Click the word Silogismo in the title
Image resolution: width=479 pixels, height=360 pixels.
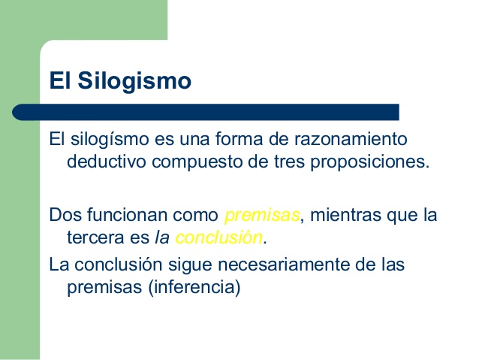pyautogui.click(x=134, y=81)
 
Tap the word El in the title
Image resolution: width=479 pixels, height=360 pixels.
pyautogui.click(x=60, y=80)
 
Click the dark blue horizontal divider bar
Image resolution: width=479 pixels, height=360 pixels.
pyautogui.click(x=206, y=112)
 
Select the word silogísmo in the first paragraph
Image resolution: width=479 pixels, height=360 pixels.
pyautogui.click(x=110, y=140)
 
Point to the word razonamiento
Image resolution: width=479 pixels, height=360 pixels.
pyautogui.click(x=351, y=139)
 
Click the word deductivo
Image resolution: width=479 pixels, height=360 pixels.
pyautogui.click(x=107, y=161)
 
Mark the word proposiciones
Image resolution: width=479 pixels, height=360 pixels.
pyautogui.click(x=369, y=162)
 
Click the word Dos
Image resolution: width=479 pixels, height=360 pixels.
pyautogui.click(x=65, y=215)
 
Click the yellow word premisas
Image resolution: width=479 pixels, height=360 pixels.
pyautogui.click(x=262, y=216)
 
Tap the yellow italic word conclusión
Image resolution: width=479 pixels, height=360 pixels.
pyautogui.click(x=218, y=237)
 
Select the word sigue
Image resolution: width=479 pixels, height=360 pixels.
pyautogui.click(x=190, y=265)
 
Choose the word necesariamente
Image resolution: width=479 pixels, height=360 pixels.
pyautogui.click(x=283, y=265)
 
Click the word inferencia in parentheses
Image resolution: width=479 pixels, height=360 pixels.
pyautogui.click(x=194, y=287)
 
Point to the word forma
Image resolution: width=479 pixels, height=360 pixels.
pyautogui.click(x=239, y=139)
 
